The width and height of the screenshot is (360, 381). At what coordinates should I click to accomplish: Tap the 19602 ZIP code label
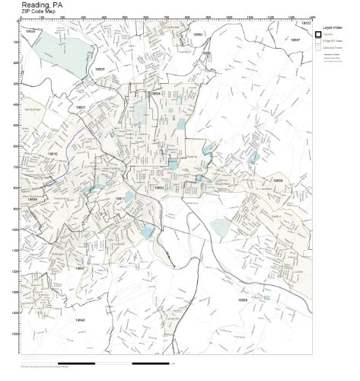point(159,187)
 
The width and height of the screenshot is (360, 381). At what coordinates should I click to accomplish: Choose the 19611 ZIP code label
point(120,198)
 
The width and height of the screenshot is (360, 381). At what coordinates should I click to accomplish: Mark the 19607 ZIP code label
point(79,268)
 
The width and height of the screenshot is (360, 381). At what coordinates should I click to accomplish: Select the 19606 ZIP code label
point(278,181)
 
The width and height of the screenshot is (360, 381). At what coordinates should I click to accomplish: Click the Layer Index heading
point(334,26)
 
